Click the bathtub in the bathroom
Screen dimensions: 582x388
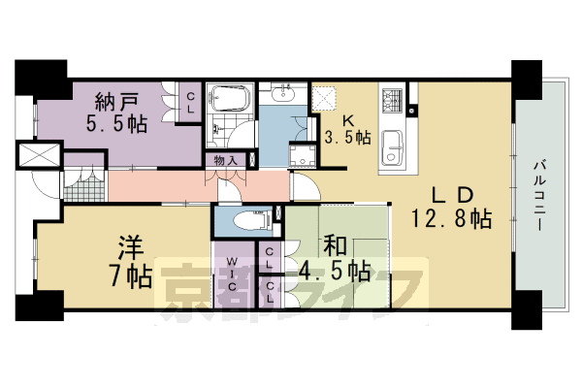pos(229,97)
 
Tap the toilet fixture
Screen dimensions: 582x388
pos(252,220)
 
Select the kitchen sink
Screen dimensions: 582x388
pos(392,148)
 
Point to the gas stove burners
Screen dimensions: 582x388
pos(393,100)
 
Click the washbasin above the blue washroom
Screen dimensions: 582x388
pos(283,93)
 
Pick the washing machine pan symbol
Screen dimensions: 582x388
pos(303,156)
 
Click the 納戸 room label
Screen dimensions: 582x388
pos(116,102)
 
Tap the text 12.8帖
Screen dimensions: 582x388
pos(451,218)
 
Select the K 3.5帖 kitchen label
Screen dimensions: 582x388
pos(348,130)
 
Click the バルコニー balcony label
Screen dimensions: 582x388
pos(540,195)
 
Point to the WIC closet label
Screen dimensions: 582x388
pos(233,274)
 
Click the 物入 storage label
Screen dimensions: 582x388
pos(226,161)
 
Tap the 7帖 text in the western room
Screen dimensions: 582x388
pos(132,277)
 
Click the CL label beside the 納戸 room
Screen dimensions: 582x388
pos(190,103)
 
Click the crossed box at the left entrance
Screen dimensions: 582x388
pos(40,155)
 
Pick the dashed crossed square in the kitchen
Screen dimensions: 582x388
pos(324,99)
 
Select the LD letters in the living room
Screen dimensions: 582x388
pos(453,195)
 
